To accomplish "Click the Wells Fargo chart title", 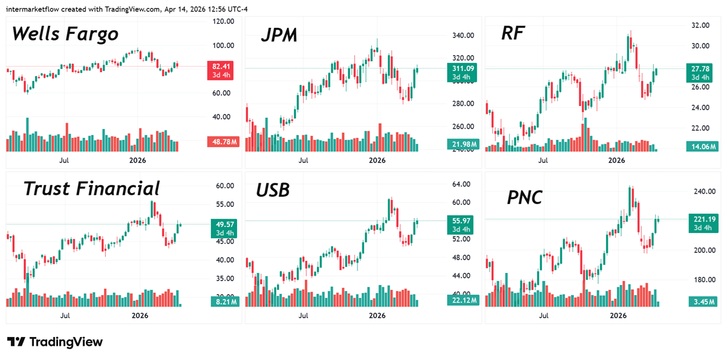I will [65, 34].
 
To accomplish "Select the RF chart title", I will [513, 34].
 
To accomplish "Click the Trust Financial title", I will [91, 189].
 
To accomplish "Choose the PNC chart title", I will [524, 197].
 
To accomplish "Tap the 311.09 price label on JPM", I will [462, 68].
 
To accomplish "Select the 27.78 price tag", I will [700, 69].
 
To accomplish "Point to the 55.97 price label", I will [462, 221].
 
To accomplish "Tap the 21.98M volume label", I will [462, 144].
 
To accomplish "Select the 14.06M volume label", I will [701, 146].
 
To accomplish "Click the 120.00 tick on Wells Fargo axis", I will [224, 22].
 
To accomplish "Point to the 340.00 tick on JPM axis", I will [462, 36].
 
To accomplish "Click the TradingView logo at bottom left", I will [55, 342].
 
